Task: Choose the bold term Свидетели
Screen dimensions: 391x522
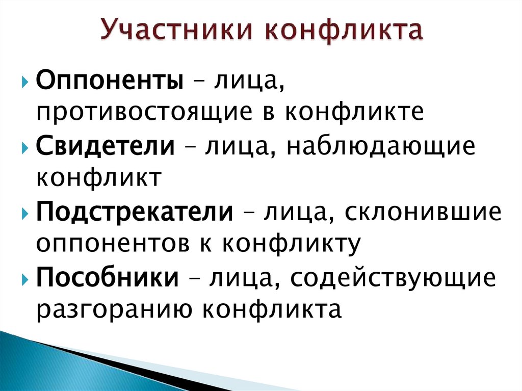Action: click(x=105, y=147)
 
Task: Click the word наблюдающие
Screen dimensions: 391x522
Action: click(x=380, y=147)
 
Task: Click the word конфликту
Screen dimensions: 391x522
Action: click(x=292, y=243)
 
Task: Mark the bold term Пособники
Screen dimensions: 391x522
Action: click(x=108, y=278)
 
